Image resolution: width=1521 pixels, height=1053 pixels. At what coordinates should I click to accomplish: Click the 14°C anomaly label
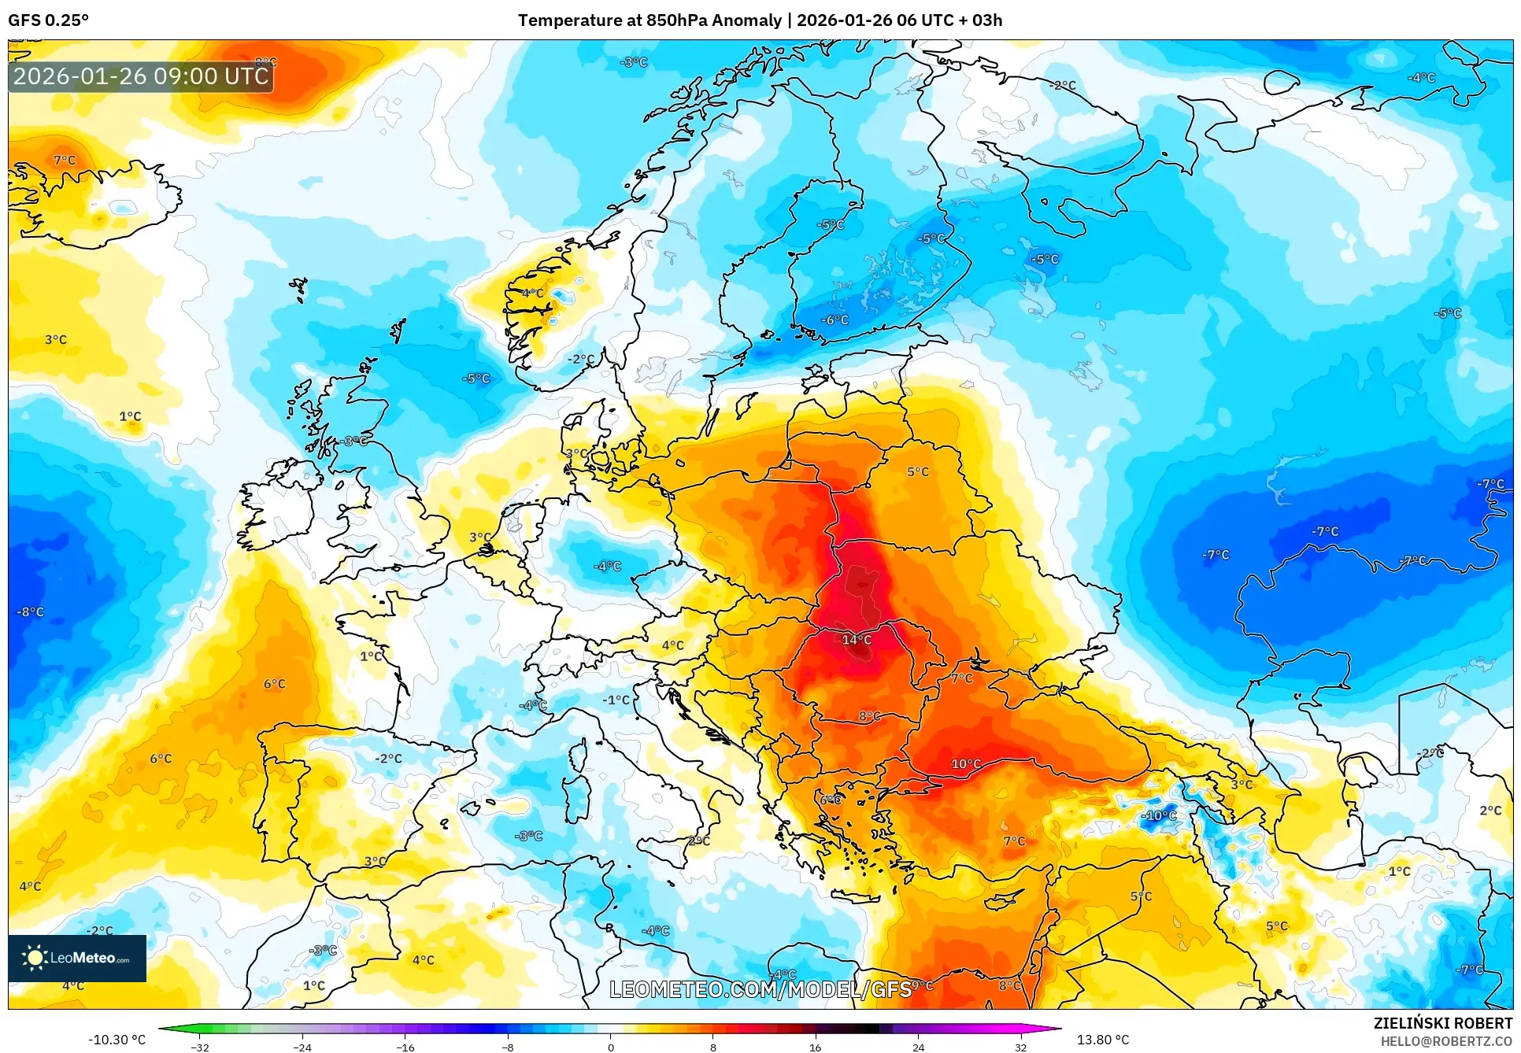click(x=857, y=640)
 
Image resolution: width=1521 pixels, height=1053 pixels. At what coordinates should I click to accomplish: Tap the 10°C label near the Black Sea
click(x=966, y=764)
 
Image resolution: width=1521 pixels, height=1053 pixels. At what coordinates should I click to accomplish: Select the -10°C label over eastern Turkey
click(x=1158, y=815)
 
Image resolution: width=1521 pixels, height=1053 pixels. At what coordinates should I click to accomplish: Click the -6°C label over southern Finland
click(x=835, y=320)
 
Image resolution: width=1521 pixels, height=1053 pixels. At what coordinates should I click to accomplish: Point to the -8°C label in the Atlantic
click(x=31, y=611)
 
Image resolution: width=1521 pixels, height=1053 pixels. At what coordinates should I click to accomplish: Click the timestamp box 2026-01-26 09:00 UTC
click(x=141, y=76)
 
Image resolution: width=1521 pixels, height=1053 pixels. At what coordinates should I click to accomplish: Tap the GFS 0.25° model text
click(x=49, y=20)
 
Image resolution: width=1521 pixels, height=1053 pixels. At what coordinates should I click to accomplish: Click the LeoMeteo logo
click(x=77, y=958)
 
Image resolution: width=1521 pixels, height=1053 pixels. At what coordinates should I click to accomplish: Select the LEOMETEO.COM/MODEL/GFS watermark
click(x=760, y=989)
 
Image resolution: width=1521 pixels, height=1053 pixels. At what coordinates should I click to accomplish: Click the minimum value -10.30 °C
click(x=117, y=1040)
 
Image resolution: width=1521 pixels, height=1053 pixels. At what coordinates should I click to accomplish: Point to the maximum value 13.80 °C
click(x=1102, y=1040)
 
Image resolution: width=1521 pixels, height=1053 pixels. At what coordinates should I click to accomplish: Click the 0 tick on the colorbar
click(x=610, y=1047)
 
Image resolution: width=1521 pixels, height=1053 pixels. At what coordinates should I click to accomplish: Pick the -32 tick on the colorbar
click(x=200, y=1047)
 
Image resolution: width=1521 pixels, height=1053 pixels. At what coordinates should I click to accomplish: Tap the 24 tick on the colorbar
click(x=918, y=1047)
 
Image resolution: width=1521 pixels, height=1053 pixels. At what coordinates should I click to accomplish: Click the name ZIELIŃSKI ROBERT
click(x=1442, y=1023)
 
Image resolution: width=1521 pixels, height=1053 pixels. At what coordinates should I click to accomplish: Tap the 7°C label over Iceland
click(x=65, y=161)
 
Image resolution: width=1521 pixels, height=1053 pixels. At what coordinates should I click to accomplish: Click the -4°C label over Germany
click(x=607, y=566)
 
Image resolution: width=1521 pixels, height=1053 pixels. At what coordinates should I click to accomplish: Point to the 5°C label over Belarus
click(x=918, y=472)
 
